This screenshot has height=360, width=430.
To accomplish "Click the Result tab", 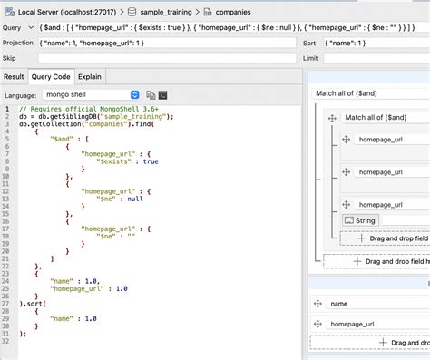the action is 14,77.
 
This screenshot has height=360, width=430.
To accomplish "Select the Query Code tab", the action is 51,77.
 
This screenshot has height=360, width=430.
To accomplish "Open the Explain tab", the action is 89,77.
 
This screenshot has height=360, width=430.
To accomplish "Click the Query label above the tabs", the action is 13,27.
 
